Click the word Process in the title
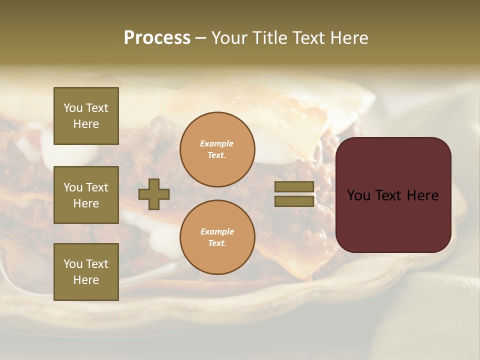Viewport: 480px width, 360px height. [x=157, y=38]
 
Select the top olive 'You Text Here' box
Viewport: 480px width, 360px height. [x=86, y=116]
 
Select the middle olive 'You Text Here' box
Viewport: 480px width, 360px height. [x=86, y=195]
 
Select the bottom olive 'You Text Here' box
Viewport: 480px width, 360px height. [x=86, y=272]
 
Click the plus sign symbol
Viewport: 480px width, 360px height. [x=154, y=194]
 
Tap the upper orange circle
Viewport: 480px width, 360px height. [x=217, y=149]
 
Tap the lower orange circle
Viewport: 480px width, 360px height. [x=217, y=237]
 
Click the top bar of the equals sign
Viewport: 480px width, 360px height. [x=294, y=187]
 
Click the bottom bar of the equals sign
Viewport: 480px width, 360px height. [x=294, y=201]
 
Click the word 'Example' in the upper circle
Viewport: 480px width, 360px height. [x=217, y=143]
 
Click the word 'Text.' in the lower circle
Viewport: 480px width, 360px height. [x=217, y=243]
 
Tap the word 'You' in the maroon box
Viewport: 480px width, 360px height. [x=359, y=195]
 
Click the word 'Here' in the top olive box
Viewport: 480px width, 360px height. [x=86, y=124]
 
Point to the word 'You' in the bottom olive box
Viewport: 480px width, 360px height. [x=73, y=264]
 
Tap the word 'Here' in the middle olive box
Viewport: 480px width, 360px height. [x=86, y=203]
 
